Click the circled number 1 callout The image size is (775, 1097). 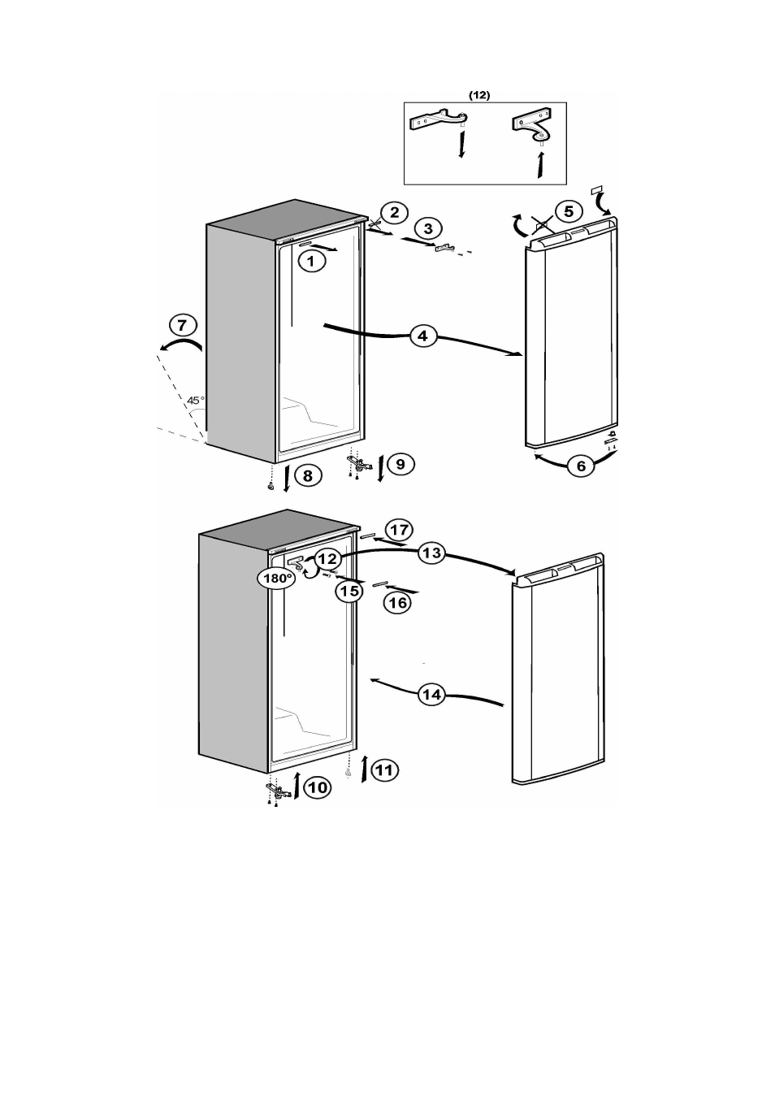click(311, 261)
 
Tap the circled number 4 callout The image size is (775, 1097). click(422, 336)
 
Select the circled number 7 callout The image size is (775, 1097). click(183, 325)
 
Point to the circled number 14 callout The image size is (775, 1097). click(431, 694)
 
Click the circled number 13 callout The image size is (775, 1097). click(431, 553)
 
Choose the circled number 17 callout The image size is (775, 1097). click(399, 529)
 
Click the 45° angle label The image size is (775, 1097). click(196, 400)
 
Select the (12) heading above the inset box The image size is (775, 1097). click(479, 96)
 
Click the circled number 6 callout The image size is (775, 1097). click(581, 466)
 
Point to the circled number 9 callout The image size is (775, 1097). click(400, 463)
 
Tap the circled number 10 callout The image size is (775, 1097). click(318, 787)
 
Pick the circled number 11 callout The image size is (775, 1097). click(384, 770)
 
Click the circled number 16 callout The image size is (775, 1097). click(397, 602)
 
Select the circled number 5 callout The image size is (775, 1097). click(569, 211)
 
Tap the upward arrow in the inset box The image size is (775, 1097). click(539, 164)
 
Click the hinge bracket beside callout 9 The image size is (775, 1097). click(359, 463)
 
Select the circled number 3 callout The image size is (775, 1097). click(428, 228)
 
